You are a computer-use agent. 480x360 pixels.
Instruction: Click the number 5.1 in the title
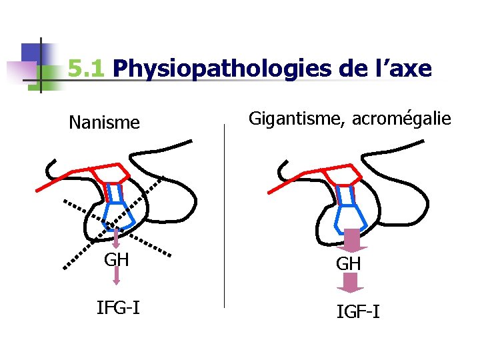pyautogui.click(x=87, y=68)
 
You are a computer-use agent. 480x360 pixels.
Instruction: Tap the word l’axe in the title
pyautogui.click(x=402, y=68)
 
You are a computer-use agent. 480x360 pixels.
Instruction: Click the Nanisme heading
pyautogui.click(x=105, y=123)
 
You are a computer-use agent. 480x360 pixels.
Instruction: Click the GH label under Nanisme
pyautogui.click(x=117, y=259)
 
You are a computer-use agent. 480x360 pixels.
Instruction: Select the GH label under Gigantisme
pyautogui.click(x=349, y=264)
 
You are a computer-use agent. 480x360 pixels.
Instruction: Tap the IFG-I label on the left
pyautogui.click(x=118, y=307)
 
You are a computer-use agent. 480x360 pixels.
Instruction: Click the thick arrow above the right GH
pyautogui.click(x=351, y=239)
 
